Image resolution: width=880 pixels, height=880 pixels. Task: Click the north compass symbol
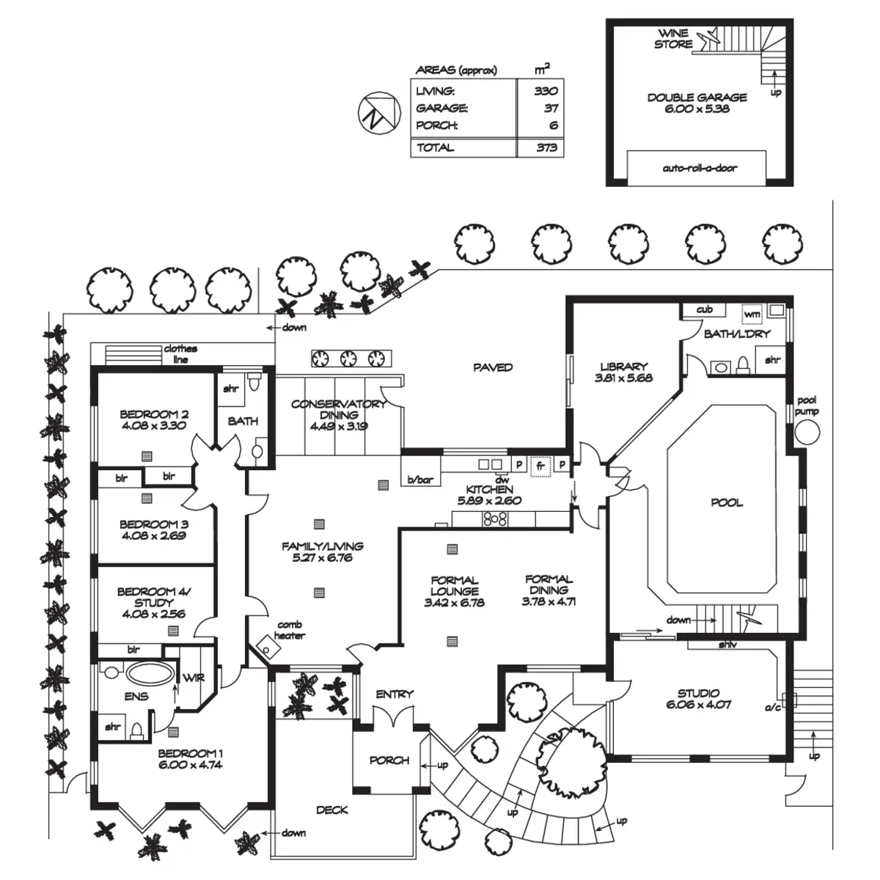[x=379, y=112]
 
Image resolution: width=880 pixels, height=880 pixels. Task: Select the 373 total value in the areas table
[x=546, y=147]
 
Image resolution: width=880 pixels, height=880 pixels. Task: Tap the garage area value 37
[x=551, y=109]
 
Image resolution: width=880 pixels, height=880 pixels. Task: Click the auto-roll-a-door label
[x=699, y=168]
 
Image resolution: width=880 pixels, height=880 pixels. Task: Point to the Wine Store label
[x=673, y=39]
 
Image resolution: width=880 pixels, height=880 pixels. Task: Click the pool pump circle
[x=807, y=432]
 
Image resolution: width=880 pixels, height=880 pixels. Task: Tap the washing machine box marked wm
[x=752, y=314]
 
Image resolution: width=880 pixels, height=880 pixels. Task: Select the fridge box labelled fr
[x=540, y=466]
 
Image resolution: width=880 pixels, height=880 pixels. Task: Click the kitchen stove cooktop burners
[x=496, y=519]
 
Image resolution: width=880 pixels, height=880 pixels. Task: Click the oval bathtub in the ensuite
[x=150, y=673]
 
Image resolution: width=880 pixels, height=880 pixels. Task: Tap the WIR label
[x=194, y=678]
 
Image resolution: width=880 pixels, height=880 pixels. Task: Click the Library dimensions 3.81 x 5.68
[x=623, y=378]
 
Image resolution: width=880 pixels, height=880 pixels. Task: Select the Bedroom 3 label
[x=154, y=524]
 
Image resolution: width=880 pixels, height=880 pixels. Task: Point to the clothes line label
[x=180, y=354]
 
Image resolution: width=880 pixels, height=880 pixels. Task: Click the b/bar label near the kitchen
[x=419, y=480]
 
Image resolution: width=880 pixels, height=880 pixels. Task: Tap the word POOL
[x=727, y=503]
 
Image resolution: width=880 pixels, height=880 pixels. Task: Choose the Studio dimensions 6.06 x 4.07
[x=699, y=704]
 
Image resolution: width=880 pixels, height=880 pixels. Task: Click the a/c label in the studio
[x=773, y=708]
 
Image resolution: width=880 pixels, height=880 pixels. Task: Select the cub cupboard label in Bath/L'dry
[x=704, y=309]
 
